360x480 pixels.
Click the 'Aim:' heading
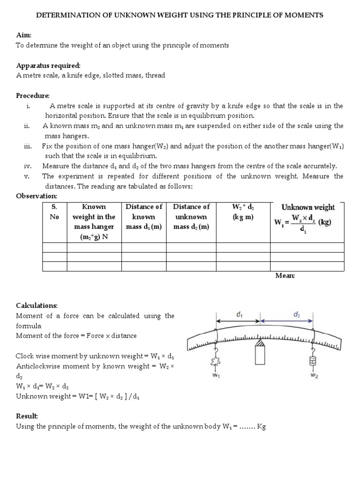click(x=23, y=36)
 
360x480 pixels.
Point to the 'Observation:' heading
click(x=37, y=195)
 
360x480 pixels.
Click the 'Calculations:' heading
click(x=37, y=306)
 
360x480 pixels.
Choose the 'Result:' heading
click(x=27, y=416)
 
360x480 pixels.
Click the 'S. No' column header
click(x=54, y=212)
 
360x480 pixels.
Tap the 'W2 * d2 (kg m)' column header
click(x=243, y=212)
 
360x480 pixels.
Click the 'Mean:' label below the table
click(x=285, y=276)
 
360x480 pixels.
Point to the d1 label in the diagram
click(x=240, y=315)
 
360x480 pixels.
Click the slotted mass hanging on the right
click(x=312, y=360)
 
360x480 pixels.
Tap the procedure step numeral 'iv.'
click(x=27, y=166)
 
